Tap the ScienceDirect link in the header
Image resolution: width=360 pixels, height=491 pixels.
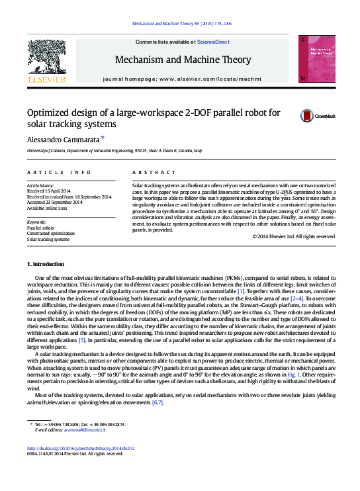click(x=214, y=42)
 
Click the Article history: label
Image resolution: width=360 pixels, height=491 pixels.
click(x=40, y=186)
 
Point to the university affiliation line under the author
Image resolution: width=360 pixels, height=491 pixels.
click(x=114, y=151)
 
